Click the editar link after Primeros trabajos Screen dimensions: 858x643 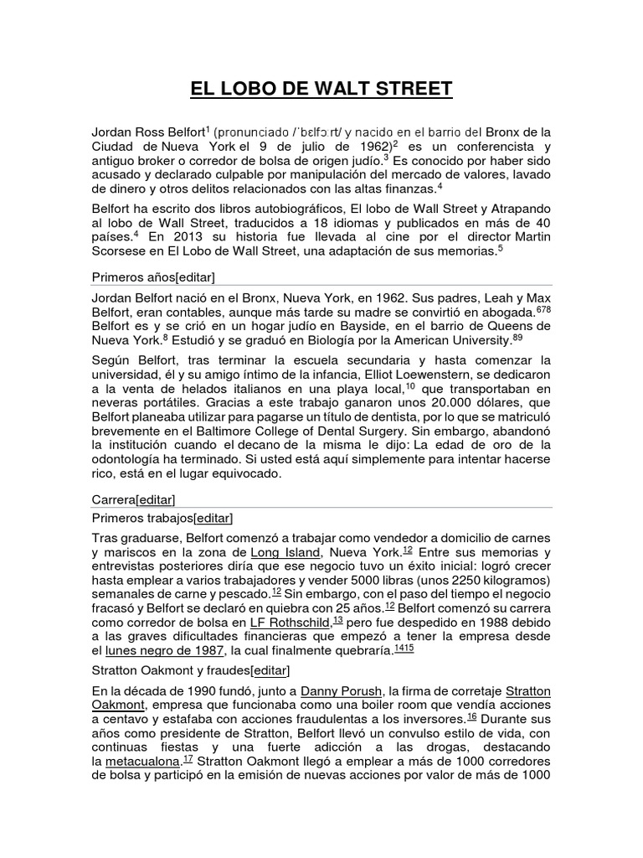click(213, 518)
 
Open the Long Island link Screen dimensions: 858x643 click(285, 553)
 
